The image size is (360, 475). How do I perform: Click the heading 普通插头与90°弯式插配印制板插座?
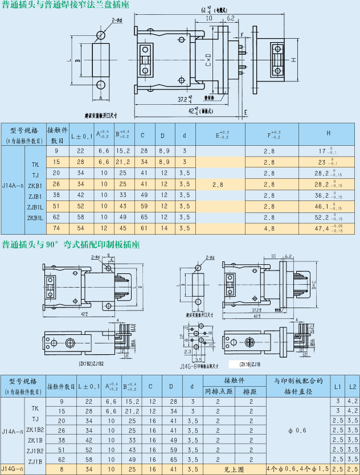point(71,245)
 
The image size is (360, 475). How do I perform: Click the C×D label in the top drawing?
point(208,61)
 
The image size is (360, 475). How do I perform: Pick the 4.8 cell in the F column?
point(269,228)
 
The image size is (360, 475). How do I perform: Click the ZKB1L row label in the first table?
point(35,218)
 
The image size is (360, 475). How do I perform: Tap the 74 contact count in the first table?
point(56,228)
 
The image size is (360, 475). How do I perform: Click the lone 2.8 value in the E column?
point(218,185)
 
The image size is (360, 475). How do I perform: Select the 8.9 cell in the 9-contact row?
point(163,151)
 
